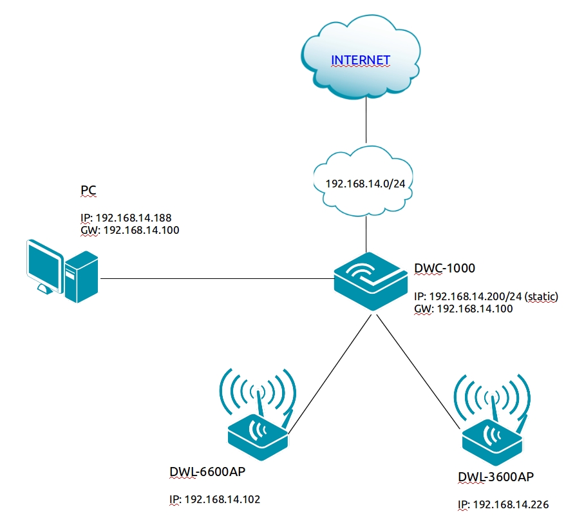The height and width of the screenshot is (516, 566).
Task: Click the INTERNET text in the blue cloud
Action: (x=360, y=61)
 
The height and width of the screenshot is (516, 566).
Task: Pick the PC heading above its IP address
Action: (x=89, y=190)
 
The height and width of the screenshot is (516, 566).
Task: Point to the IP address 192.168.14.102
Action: (x=222, y=499)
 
